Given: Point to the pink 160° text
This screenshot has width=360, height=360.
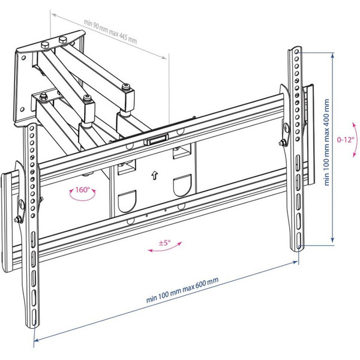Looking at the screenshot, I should point(82,190).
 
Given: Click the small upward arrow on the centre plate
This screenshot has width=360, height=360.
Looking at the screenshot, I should point(154,176).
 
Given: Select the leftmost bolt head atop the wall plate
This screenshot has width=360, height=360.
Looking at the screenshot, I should point(45,45).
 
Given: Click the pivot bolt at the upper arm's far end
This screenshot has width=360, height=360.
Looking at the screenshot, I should point(127,90).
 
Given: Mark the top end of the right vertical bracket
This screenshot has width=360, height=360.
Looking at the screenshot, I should point(295,48).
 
